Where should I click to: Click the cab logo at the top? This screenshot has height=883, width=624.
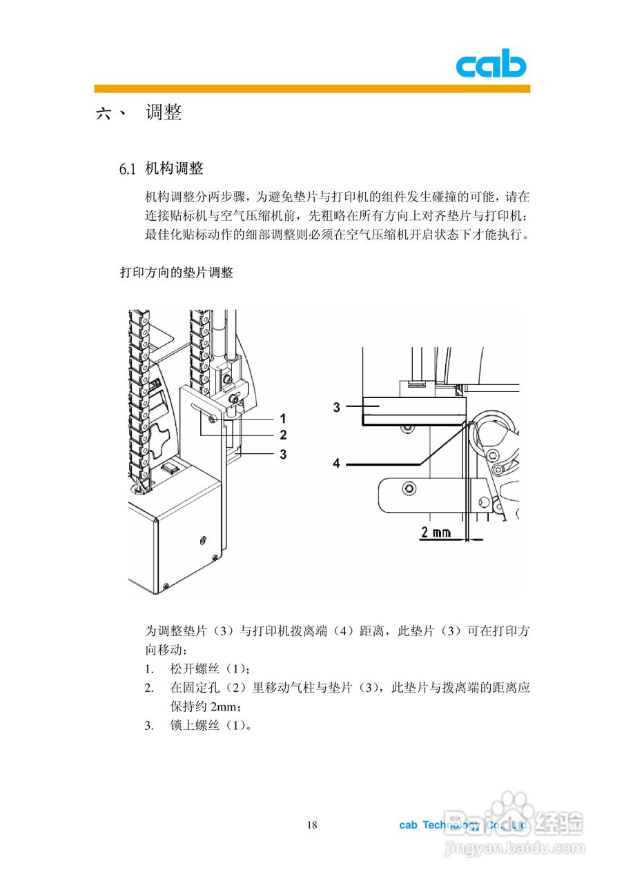click(x=490, y=65)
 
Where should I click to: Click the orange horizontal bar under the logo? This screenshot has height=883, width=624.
click(x=312, y=88)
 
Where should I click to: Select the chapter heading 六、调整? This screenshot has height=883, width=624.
click(x=139, y=112)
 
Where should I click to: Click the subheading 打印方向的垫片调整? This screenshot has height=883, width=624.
click(x=177, y=272)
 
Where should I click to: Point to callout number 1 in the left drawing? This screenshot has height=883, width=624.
click(x=282, y=418)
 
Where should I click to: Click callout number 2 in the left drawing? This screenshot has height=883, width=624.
click(x=282, y=435)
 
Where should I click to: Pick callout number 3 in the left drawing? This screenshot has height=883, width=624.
click(x=282, y=454)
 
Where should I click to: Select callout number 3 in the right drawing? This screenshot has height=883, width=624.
click(x=337, y=407)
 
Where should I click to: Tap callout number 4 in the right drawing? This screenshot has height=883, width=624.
click(x=337, y=464)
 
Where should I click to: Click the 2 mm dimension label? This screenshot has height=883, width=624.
click(x=436, y=532)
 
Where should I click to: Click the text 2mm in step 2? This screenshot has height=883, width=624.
click(x=222, y=707)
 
